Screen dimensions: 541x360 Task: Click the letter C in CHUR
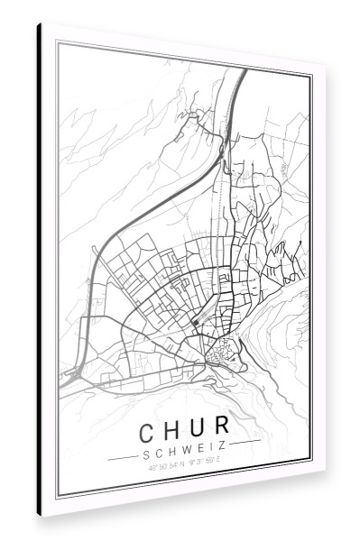tap(148, 424)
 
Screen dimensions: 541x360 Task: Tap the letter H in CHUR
tap(172, 425)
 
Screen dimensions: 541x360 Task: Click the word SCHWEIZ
tap(184, 446)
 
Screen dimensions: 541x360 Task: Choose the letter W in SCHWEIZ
tap(184, 446)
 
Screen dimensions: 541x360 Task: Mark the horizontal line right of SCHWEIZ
tap(245, 443)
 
